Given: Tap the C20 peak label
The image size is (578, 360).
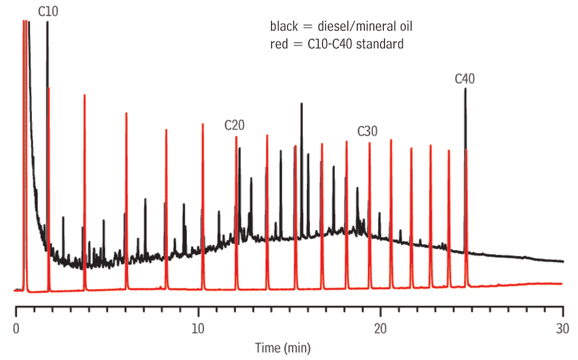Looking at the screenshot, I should click(x=234, y=125).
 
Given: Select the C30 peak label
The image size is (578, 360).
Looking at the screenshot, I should click(x=367, y=131).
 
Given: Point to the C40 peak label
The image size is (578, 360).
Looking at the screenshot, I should click(x=465, y=79).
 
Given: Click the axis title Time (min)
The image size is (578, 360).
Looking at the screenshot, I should click(x=283, y=347).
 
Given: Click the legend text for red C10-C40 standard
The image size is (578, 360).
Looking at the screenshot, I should click(x=337, y=44).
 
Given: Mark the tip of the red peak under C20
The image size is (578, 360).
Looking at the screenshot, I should click(x=236, y=137).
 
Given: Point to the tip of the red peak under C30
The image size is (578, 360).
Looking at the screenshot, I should click(x=370, y=143).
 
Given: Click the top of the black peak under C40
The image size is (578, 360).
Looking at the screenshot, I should click(x=465, y=89).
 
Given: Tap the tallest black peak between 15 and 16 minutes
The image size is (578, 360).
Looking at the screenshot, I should click(x=302, y=104).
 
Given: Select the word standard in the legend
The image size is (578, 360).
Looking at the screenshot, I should click(x=382, y=44).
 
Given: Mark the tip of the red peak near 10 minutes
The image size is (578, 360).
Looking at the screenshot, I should click(x=203, y=124).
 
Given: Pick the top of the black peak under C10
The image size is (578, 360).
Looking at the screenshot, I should click(x=47, y=22).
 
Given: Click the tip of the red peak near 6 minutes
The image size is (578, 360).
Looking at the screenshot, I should click(x=126, y=113).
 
